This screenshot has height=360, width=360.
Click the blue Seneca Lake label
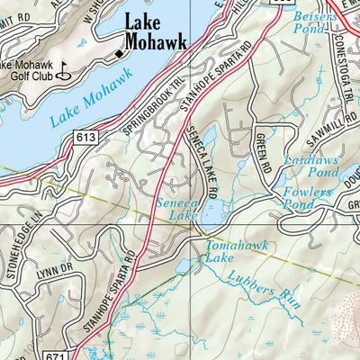(x=170, y=210)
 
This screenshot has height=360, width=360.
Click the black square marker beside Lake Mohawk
(x=118, y=55)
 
